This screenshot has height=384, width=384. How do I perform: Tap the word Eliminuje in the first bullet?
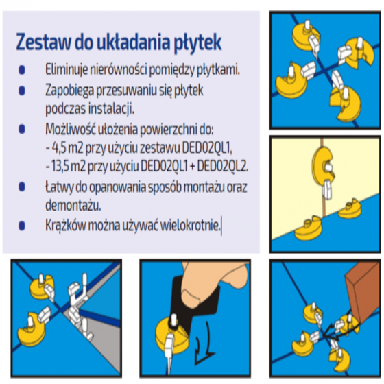point(67,69)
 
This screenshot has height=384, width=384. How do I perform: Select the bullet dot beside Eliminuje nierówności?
point(22,70)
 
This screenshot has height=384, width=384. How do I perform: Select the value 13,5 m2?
point(69,167)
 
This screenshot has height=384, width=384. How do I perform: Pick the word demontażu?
point(73,205)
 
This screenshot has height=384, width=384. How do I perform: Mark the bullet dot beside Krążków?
point(22,226)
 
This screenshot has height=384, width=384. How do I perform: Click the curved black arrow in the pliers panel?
point(205,343)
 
